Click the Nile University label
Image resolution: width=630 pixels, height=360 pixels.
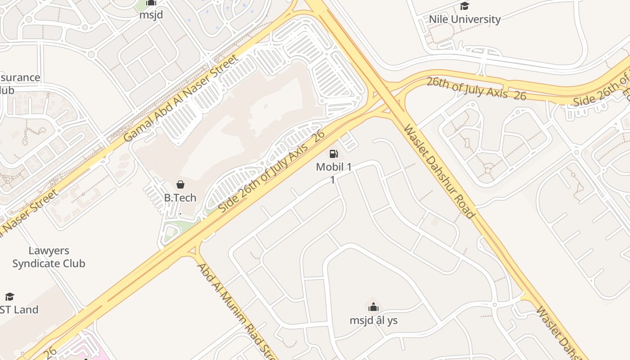[x=464, y=19]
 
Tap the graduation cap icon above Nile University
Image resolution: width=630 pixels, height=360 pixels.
[x=464, y=6]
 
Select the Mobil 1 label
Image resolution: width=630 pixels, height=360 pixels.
[x=333, y=167]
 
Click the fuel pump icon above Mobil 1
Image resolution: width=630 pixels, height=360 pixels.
[x=333, y=154]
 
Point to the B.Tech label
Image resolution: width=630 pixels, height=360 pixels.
[x=180, y=198]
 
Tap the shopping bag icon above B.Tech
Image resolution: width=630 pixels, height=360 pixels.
[x=180, y=184]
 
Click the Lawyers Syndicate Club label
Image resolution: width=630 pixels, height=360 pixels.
[x=49, y=257]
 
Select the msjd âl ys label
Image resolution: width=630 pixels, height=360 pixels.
[x=373, y=321]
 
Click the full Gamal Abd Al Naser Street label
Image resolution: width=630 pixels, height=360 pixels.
[x=180, y=98]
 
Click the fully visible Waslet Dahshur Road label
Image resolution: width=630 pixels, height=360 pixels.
[x=439, y=171]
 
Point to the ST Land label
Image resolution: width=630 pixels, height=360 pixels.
[x=19, y=310]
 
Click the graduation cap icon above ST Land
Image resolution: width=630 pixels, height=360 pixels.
[x=9, y=297]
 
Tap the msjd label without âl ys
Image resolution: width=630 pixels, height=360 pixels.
[x=151, y=15]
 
